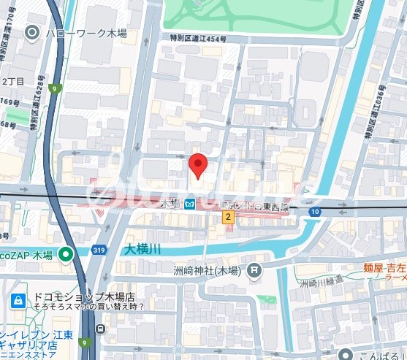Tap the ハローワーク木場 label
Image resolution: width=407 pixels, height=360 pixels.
[81, 32]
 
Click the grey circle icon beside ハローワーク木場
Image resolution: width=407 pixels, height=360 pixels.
[32, 32]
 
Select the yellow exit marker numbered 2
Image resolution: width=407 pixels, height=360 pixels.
[228, 217]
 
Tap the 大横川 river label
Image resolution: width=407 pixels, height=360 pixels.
[142, 249]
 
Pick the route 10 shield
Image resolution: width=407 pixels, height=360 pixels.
[315, 212]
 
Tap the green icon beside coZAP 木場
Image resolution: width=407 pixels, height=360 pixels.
[66, 255]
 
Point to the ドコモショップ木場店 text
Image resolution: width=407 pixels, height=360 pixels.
[84, 297]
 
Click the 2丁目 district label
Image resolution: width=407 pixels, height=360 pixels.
[13, 80]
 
